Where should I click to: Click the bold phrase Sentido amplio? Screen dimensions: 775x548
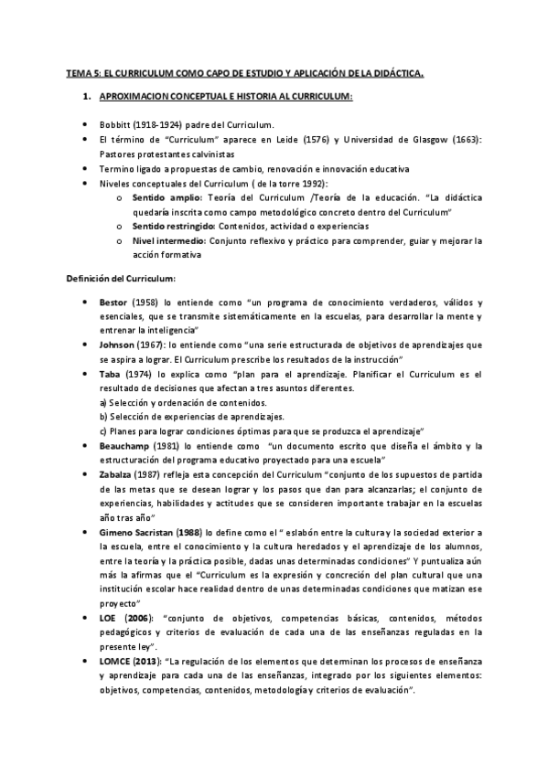click(x=157, y=196)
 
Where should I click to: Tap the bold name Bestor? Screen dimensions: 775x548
click(x=114, y=301)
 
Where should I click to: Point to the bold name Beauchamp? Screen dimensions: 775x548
click(x=125, y=445)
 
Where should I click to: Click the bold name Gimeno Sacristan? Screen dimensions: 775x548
click(x=138, y=532)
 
